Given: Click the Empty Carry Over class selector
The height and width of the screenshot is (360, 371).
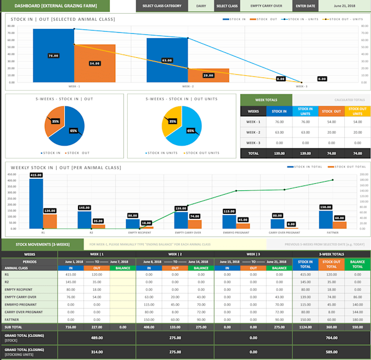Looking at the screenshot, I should click(266, 6).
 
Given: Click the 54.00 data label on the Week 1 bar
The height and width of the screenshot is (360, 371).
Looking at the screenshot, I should click(95, 63).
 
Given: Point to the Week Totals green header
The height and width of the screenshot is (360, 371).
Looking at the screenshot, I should click(266, 99).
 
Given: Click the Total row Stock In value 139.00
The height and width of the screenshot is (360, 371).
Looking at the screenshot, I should click(279, 153).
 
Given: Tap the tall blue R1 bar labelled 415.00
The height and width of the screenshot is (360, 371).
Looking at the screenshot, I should click(37, 202).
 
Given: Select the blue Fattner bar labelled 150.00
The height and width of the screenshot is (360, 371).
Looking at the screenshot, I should click(326, 218).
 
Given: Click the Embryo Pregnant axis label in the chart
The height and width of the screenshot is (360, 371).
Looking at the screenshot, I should click(236, 232).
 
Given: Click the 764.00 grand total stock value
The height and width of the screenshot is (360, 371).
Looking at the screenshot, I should click(331, 338).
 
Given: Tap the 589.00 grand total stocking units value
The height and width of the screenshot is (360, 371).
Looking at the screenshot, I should click(331, 352).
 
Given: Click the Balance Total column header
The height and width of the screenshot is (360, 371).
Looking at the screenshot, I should click(357, 264).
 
